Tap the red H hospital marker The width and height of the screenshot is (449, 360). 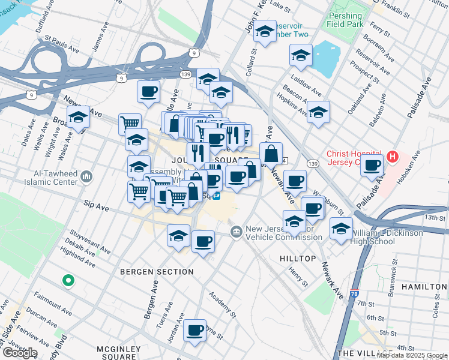[x=393, y=157]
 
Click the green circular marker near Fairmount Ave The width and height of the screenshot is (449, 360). [x=68, y=280]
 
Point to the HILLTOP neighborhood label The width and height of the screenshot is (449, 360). [x=298, y=258]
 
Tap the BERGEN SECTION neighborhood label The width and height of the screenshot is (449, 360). [x=157, y=272]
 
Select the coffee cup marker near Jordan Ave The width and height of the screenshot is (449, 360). [x=194, y=330]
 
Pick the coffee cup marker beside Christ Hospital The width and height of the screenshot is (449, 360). [x=372, y=164]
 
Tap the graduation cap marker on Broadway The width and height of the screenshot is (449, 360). [x=78, y=118]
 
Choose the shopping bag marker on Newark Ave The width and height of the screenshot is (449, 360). [x=271, y=154]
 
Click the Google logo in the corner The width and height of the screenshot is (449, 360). [x=20, y=352]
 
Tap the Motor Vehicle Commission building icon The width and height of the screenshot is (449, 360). [x=236, y=232]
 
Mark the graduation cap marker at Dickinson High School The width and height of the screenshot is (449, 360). [x=341, y=229]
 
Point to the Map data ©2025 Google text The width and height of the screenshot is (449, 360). [x=412, y=355]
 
